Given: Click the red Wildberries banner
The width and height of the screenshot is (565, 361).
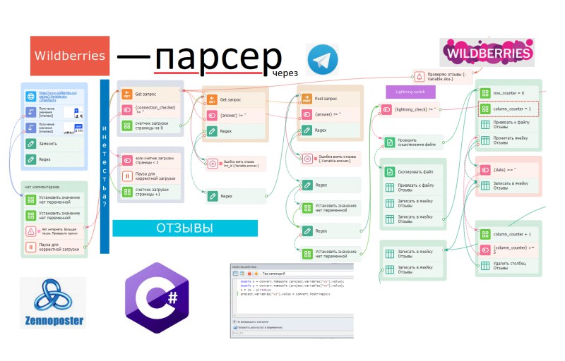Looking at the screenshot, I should [70, 56].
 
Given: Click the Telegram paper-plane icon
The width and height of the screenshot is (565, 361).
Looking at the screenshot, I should [322, 59].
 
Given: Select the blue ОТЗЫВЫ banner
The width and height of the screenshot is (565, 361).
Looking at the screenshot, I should [184, 228].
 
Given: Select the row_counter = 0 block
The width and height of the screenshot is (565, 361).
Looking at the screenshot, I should [508, 92].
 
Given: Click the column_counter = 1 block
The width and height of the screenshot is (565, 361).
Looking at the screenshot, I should [508, 109].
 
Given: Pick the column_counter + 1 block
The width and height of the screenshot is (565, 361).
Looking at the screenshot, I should [508, 233].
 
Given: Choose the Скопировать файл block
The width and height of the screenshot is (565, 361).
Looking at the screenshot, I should [412, 172].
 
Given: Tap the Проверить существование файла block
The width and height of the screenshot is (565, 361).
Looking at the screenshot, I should [412, 142].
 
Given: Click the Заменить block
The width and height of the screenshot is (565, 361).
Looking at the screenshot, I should [52, 143].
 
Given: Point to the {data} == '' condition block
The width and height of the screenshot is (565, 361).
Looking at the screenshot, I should [508, 170].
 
